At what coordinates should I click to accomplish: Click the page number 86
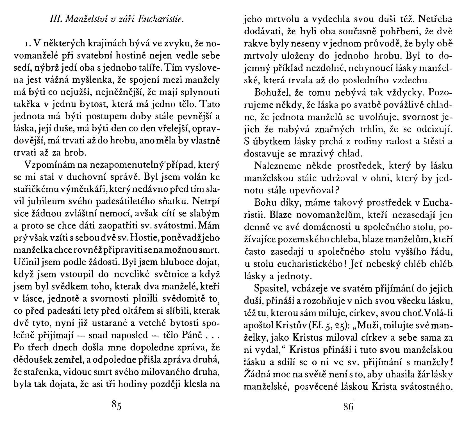348,406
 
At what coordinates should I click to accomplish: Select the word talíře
148,68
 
